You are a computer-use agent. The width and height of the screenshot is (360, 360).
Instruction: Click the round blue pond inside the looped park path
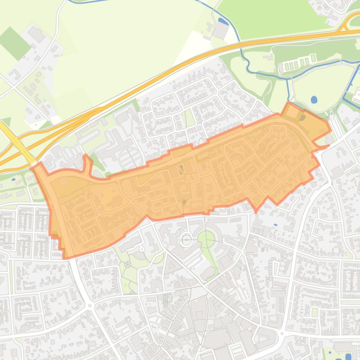pyautogui.click(x=314, y=100)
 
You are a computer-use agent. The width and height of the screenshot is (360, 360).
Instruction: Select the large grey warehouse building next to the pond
pyautogui.click(x=220, y=30)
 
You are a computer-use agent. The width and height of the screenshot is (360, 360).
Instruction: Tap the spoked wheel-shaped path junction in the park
pyautogui.click(x=128, y=264)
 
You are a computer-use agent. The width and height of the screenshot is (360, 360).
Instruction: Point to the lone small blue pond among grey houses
pyautogui.click(x=275, y=225)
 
